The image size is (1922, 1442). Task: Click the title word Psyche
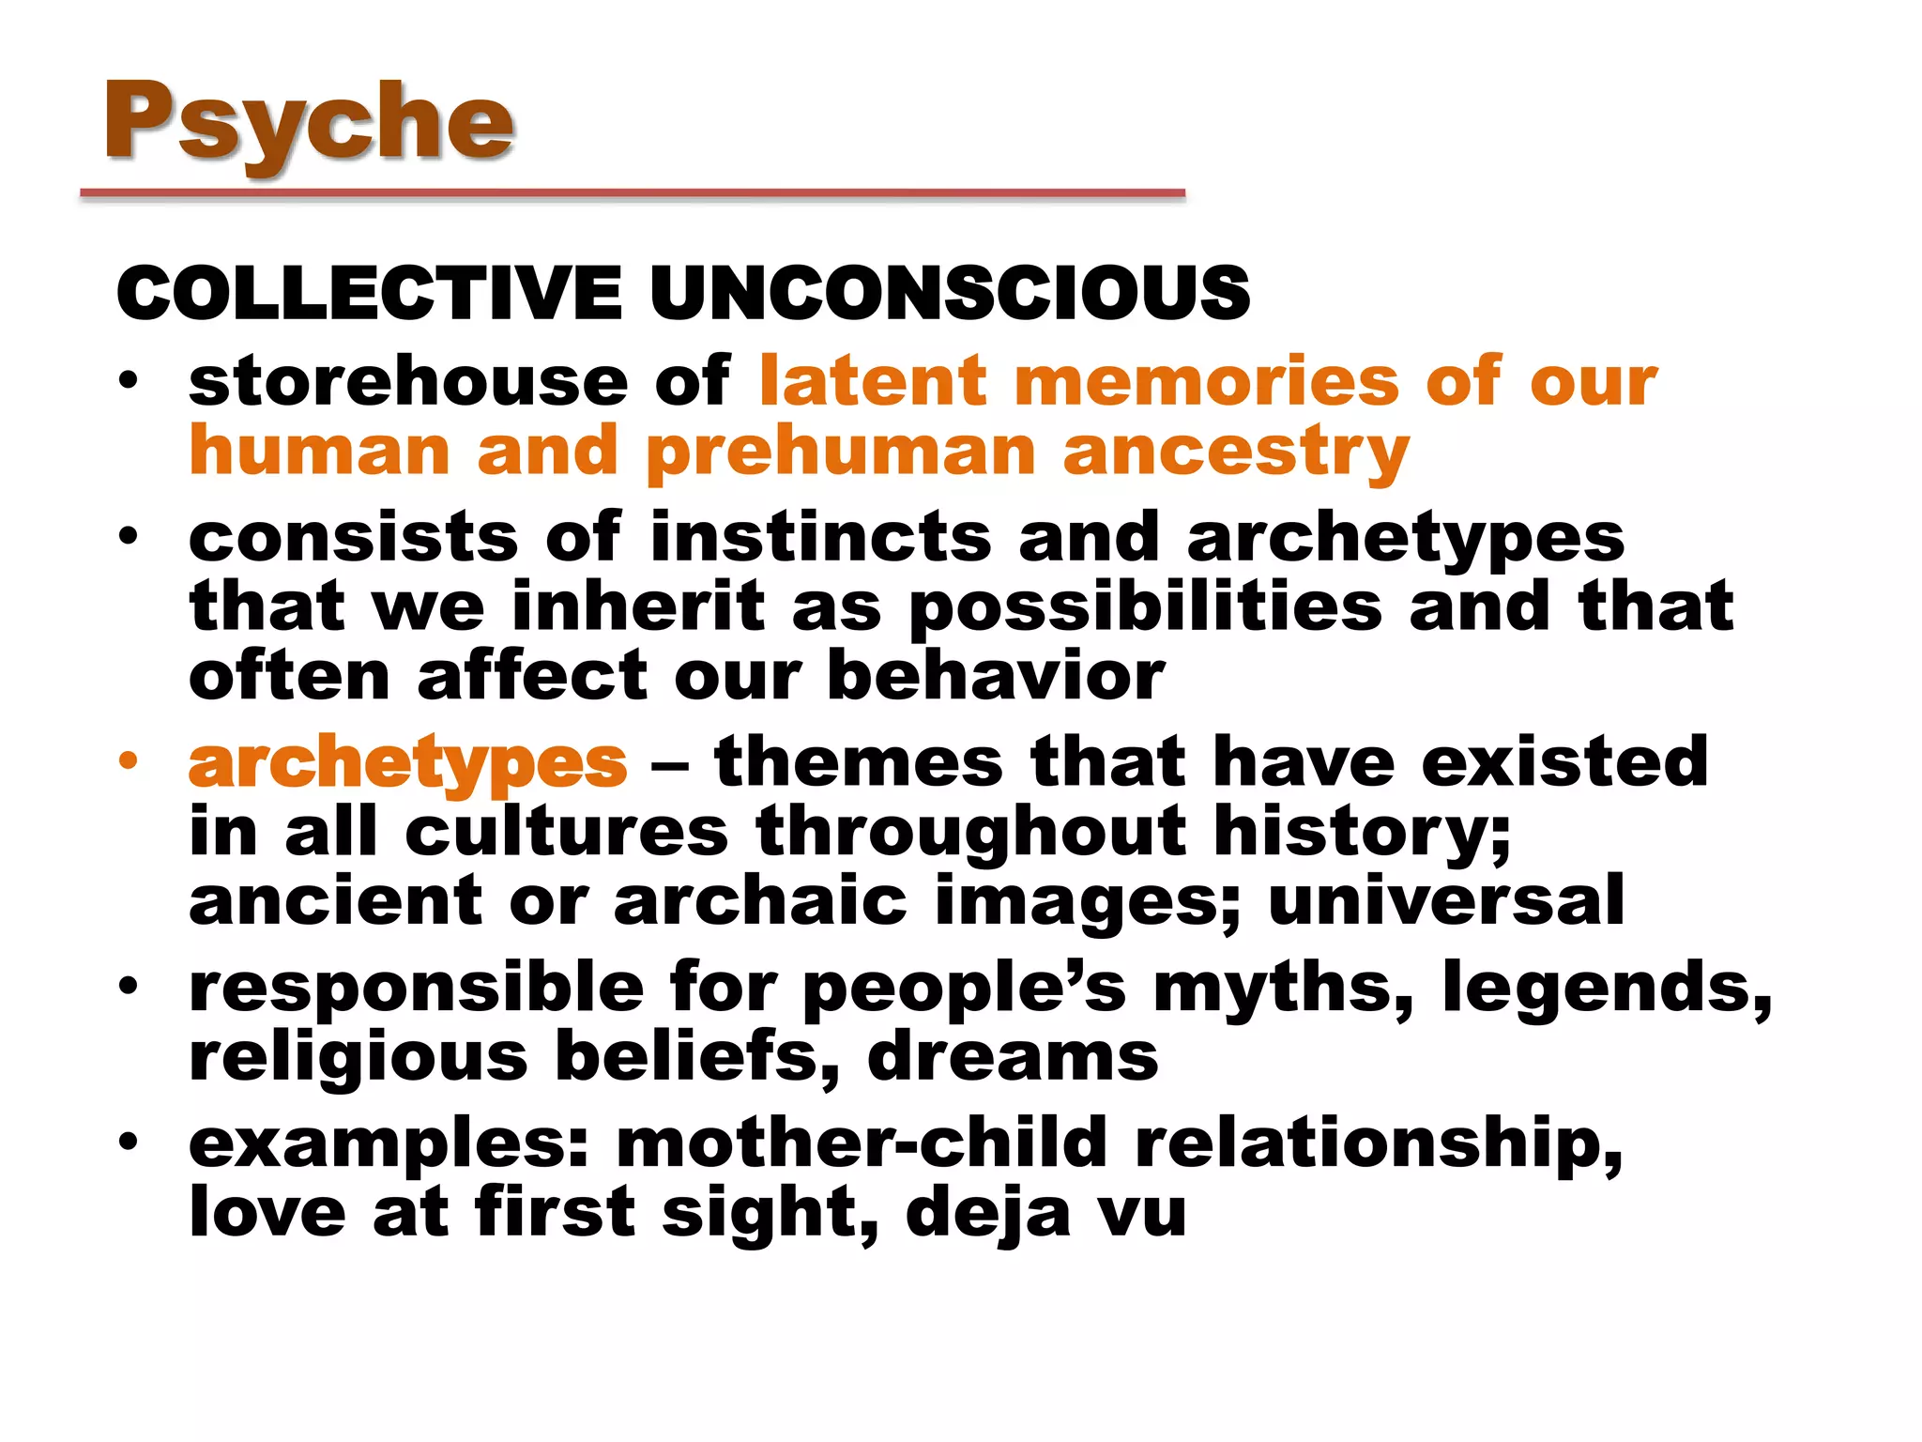click(x=310, y=122)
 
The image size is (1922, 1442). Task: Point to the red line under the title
click(x=633, y=193)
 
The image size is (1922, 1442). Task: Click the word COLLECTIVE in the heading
click(x=369, y=293)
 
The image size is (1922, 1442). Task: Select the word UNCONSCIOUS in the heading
click(x=949, y=293)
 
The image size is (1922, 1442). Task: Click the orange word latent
click(x=873, y=381)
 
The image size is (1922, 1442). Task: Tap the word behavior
click(x=996, y=676)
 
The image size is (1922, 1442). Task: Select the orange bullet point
click(x=129, y=760)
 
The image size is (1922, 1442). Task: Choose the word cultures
click(x=567, y=832)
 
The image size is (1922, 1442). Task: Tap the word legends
click(x=1606, y=988)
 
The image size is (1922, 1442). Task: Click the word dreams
click(x=1013, y=1057)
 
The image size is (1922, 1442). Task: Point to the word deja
click(x=987, y=1213)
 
